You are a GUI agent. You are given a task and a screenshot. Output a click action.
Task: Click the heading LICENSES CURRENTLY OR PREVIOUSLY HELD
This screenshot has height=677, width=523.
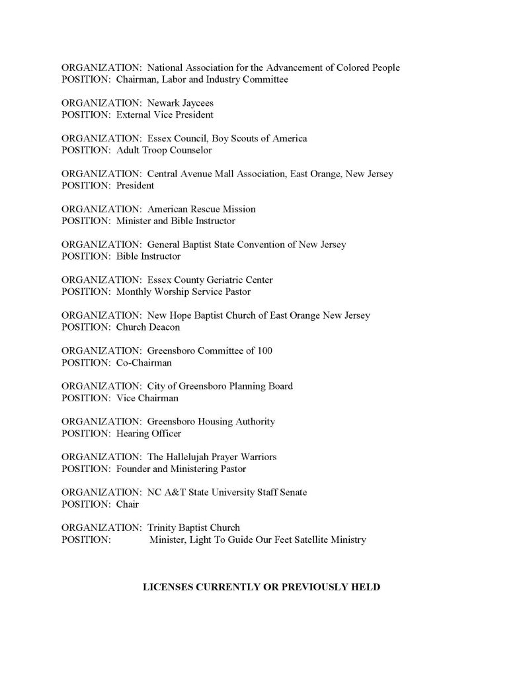click(261, 586)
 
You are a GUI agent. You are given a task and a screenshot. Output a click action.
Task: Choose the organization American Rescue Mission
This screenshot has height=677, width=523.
click(201, 210)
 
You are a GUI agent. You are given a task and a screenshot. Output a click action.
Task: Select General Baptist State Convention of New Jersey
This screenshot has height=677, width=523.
click(247, 245)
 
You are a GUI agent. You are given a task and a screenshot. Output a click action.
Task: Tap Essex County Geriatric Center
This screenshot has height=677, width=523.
click(210, 280)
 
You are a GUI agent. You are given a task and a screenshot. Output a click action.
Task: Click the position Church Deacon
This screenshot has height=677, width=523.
click(147, 327)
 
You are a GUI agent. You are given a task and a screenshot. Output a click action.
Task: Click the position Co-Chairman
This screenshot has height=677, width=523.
click(143, 362)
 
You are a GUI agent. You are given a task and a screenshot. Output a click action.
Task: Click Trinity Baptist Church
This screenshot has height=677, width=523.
click(193, 528)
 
